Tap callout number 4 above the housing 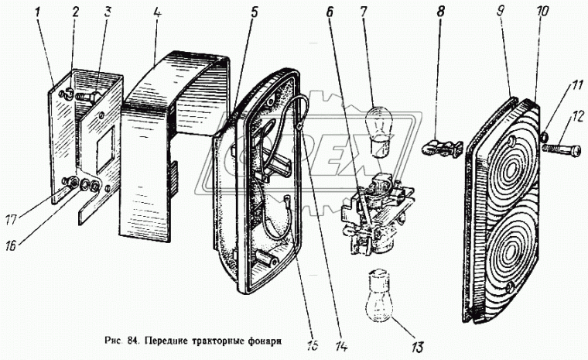click(x=159, y=13)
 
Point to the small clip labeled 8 click(x=441, y=144)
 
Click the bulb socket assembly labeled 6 click(x=375, y=213)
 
